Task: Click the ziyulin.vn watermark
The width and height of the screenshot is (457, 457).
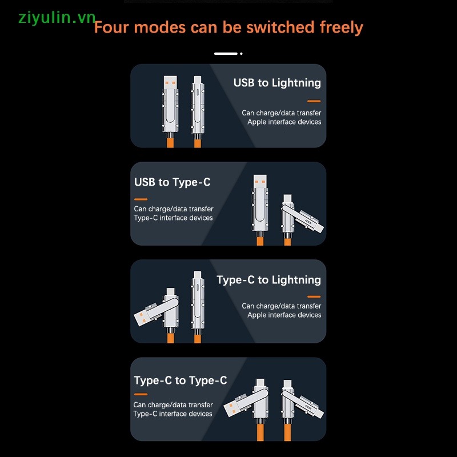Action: pyautogui.click(x=57, y=18)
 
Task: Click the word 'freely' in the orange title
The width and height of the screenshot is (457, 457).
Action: pyautogui.click(x=341, y=27)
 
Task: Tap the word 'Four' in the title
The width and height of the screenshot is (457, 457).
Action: pyautogui.click(x=111, y=27)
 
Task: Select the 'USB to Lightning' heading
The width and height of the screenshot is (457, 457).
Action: pyautogui.click(x=277, y=83)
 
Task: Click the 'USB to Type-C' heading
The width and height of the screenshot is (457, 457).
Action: pyautogui.click(x=173, y=182)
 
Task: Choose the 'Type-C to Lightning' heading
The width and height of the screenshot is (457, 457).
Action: pyautogui.click(x=268, y=280)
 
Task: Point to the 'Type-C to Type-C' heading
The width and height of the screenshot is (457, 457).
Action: pyautogui.click(x=181, y=380)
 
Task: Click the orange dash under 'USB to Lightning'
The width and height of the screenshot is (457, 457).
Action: pyautogui.click(x=314, y=101)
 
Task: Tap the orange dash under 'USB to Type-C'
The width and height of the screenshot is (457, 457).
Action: pyautogui.click(x=141, y=199)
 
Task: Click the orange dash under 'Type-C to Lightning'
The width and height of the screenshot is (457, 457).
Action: pyautogui.click(x=314, y=296)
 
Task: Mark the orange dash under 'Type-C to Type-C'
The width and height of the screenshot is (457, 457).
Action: pyautogui.click(x=141, y=394)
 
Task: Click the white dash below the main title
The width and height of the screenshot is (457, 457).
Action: pyautogui.click(x=226, y=54)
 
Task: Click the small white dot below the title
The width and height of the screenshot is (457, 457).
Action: pyautogui.click(x=241, y=54)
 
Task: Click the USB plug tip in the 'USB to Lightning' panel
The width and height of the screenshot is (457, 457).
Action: pyautogui.click(x=170, y=82)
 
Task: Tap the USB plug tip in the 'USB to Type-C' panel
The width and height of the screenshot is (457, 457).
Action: pyautogui.click(x=260, y=182)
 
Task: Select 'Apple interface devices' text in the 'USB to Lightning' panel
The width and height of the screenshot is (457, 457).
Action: pyautogui.click(x=284, y=122)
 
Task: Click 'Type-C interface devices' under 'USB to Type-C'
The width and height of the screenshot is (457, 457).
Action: pyautogui.click(x=173, y=218)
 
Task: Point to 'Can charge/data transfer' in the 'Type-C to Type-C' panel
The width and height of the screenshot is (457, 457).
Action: pyautogui.click(x=173, y=405)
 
